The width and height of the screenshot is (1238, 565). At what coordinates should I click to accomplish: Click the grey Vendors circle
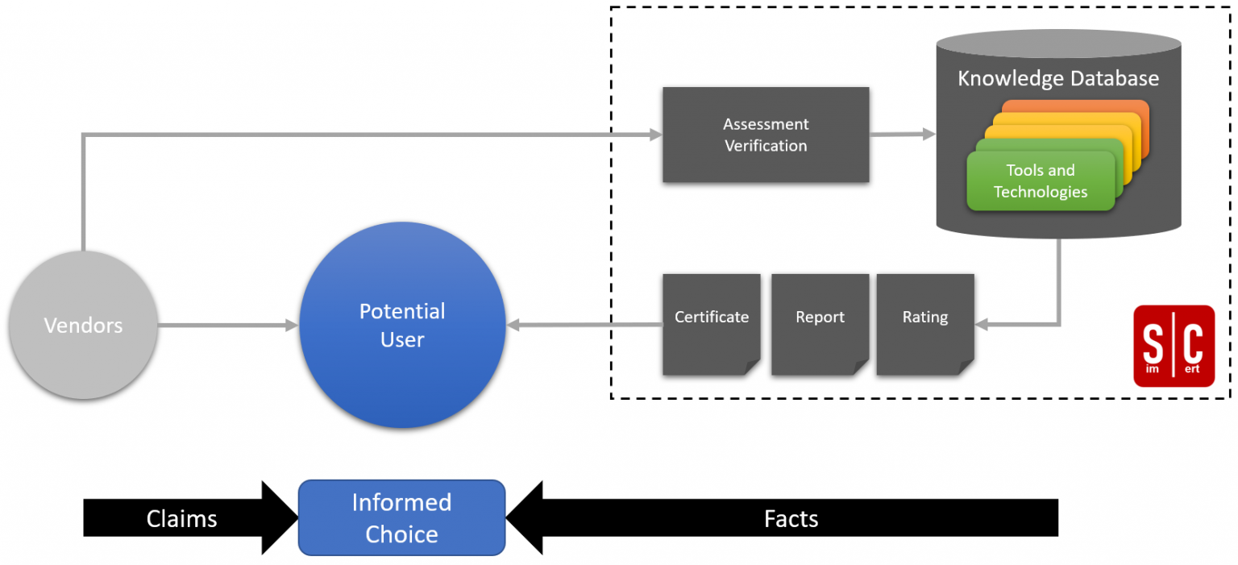tap(83, 325)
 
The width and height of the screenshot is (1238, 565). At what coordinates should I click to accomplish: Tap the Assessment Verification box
tap(766, 135)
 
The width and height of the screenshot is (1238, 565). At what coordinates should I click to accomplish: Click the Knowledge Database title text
tap(1057, 78)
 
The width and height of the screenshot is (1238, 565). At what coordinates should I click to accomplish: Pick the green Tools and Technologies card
tap(1040, 181)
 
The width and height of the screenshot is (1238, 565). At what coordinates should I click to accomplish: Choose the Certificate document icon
tap(711, 324)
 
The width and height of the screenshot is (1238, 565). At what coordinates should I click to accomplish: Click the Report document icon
tap(820, 324)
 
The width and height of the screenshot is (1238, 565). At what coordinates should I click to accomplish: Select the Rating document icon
tap(924, 324)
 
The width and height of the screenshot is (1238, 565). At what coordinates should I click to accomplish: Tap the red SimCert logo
tap(1174, 346)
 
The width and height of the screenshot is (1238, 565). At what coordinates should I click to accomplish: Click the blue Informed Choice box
tap(401, 517)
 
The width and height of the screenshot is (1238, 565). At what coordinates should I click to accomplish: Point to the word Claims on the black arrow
tap(181, 518)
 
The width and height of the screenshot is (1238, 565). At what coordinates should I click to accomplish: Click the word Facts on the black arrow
tap(791, 518)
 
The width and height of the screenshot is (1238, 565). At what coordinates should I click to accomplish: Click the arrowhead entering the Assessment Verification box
tap(655, 135)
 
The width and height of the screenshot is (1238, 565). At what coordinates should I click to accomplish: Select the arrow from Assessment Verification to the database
tap(903, 135)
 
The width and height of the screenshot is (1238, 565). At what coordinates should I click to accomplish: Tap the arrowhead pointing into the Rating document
tap(983, 325)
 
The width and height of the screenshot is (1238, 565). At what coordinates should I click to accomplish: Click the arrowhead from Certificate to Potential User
tap(514, 326)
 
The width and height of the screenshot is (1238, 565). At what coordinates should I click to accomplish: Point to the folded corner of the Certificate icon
tap(751, 368)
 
